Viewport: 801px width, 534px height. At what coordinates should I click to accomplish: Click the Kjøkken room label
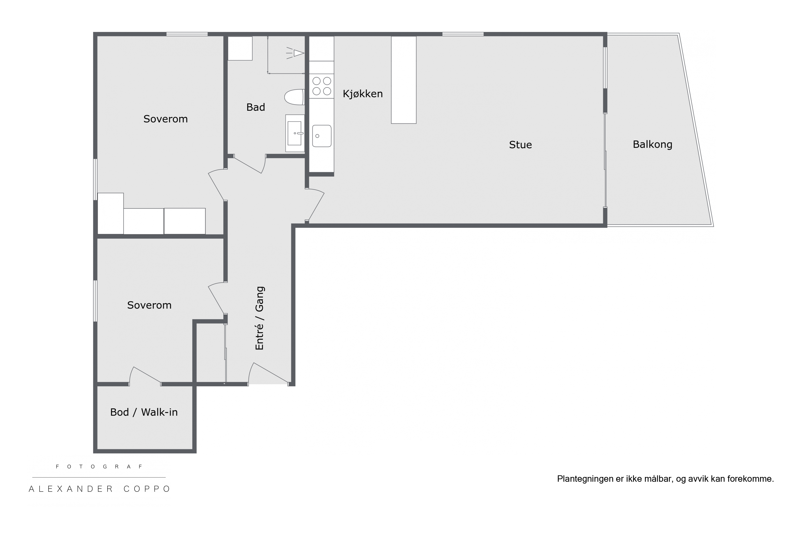[363, 94]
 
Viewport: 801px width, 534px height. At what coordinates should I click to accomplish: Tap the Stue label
[520, 145]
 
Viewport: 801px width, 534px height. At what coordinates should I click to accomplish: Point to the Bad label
[256, 107]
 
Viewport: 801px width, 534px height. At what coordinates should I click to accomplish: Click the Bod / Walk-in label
[144, 412]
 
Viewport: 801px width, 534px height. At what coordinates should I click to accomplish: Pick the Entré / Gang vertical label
[260, 318]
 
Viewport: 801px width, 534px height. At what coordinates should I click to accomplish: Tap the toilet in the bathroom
[295, 97]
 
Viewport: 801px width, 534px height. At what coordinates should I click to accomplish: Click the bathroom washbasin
[295, 133]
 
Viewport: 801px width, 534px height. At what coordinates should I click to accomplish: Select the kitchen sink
[322, 136]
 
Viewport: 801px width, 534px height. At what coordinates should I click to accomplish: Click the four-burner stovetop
[322, 86]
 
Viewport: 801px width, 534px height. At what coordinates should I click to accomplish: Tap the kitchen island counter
[403, 80]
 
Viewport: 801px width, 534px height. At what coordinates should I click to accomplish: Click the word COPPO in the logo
[147, 489]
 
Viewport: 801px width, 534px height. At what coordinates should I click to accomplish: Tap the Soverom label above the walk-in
[149, 305]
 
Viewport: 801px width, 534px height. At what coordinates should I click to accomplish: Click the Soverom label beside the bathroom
[166, 119]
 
